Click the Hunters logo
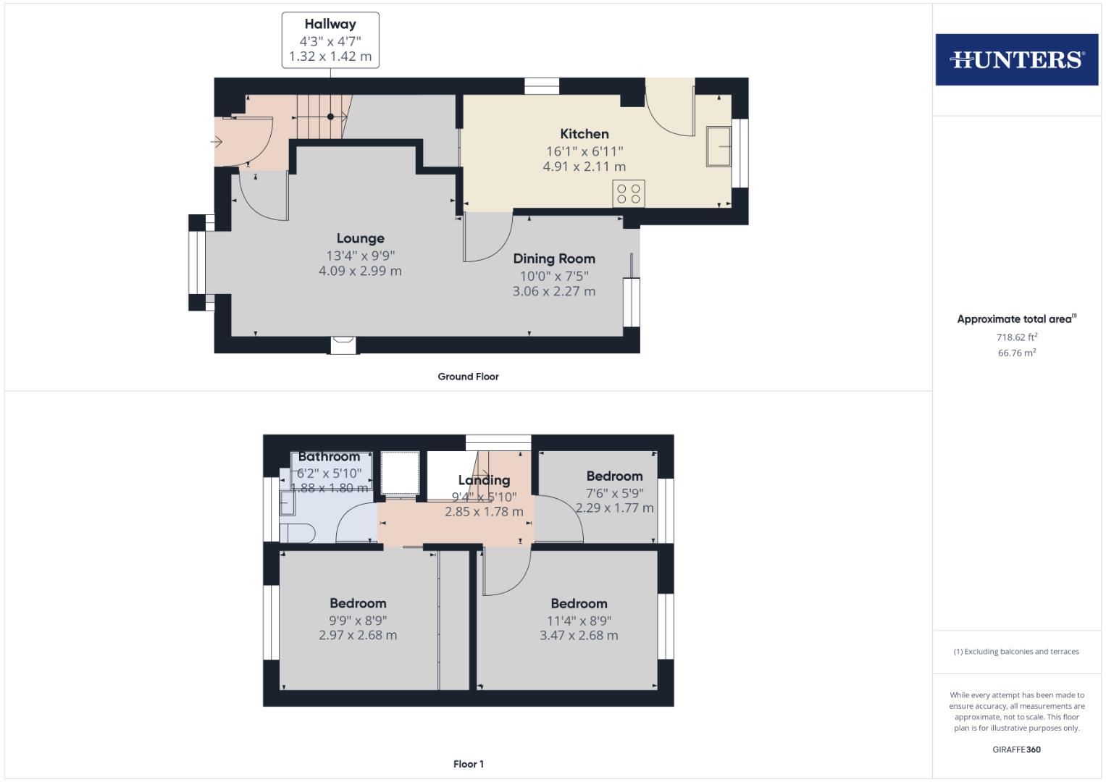[x=1016, y=59]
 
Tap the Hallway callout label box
[x=330, y=40]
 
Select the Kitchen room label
[x=585, y=134]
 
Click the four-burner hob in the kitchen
[x=628, y=193]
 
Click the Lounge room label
[x=360, y=238]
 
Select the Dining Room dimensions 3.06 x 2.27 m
[x=554, y=291]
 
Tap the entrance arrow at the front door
[x=217, y=142]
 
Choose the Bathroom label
[x=329, y=457]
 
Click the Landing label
[x=484, y=480]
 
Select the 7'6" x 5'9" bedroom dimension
[x=614, y=493]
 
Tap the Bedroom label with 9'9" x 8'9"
[x=358, y=603]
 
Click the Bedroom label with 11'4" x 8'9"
[x=579, y=603]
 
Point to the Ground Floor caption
[x=468, y=377]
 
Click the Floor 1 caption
[x=468, y=764]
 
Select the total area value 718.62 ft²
[x=1016, y=337]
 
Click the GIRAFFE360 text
[x=1016, y=749]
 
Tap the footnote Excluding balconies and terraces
[x=1016, y=652]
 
